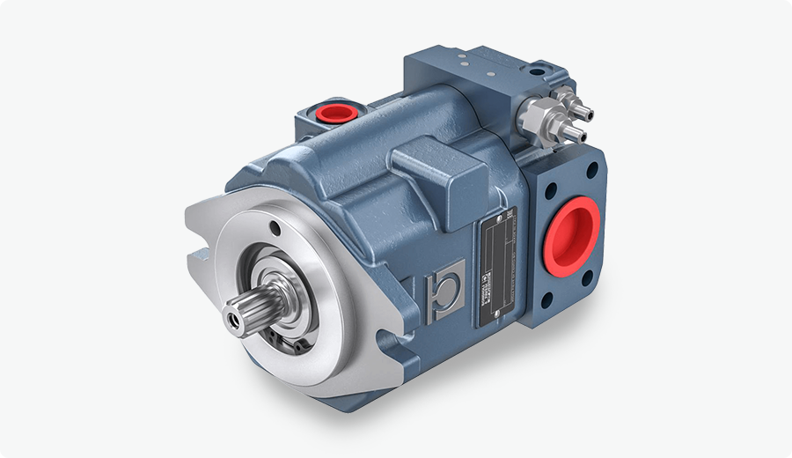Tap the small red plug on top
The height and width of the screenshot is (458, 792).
(333, 113)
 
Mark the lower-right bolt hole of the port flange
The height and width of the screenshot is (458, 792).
(602, 280)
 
